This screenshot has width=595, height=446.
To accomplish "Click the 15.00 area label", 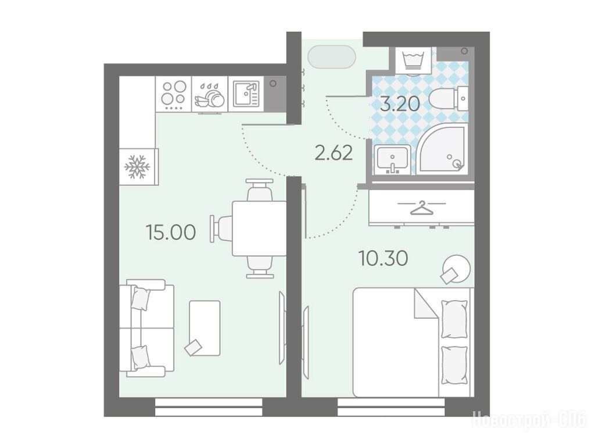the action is pyautogui.click(x=171, y=233).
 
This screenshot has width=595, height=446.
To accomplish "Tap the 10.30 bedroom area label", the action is pyautogui.click(x=383, y=258).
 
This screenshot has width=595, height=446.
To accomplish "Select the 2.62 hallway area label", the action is pyautogui.click(x=334, y=153).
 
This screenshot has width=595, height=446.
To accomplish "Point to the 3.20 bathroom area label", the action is pyautogui.click(x=400, y=104).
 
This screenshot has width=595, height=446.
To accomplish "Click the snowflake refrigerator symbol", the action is pyautogui.click(x=137, y=166).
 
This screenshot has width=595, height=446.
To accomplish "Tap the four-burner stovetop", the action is pyautogui.click(x=173, y=94).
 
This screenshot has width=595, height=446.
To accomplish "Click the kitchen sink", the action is pyautogui.click(x=246, y=94).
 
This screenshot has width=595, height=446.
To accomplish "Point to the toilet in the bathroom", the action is pyautogui.click(x=449, y=98).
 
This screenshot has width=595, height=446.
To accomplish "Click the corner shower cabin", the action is pyautogui.click(x=442, y=148).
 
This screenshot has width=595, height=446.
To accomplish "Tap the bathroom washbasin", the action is pyautogui.click(x=392, y=159).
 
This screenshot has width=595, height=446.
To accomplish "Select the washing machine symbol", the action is pyautogui.click(x=414, y=61).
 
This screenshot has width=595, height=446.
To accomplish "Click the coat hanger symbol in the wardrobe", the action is pyautogui.click(x=421, y=208).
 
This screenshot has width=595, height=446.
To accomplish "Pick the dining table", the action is pyautogui.click(x=260, y=229).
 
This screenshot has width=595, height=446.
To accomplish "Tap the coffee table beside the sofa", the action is pyautogui.click(x=205, y=328).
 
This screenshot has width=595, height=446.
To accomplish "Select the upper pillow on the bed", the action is pyautogui.click(x=454, y=318).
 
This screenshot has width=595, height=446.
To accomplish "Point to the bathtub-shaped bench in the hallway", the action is pyautogui.click(x=332, y=57).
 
